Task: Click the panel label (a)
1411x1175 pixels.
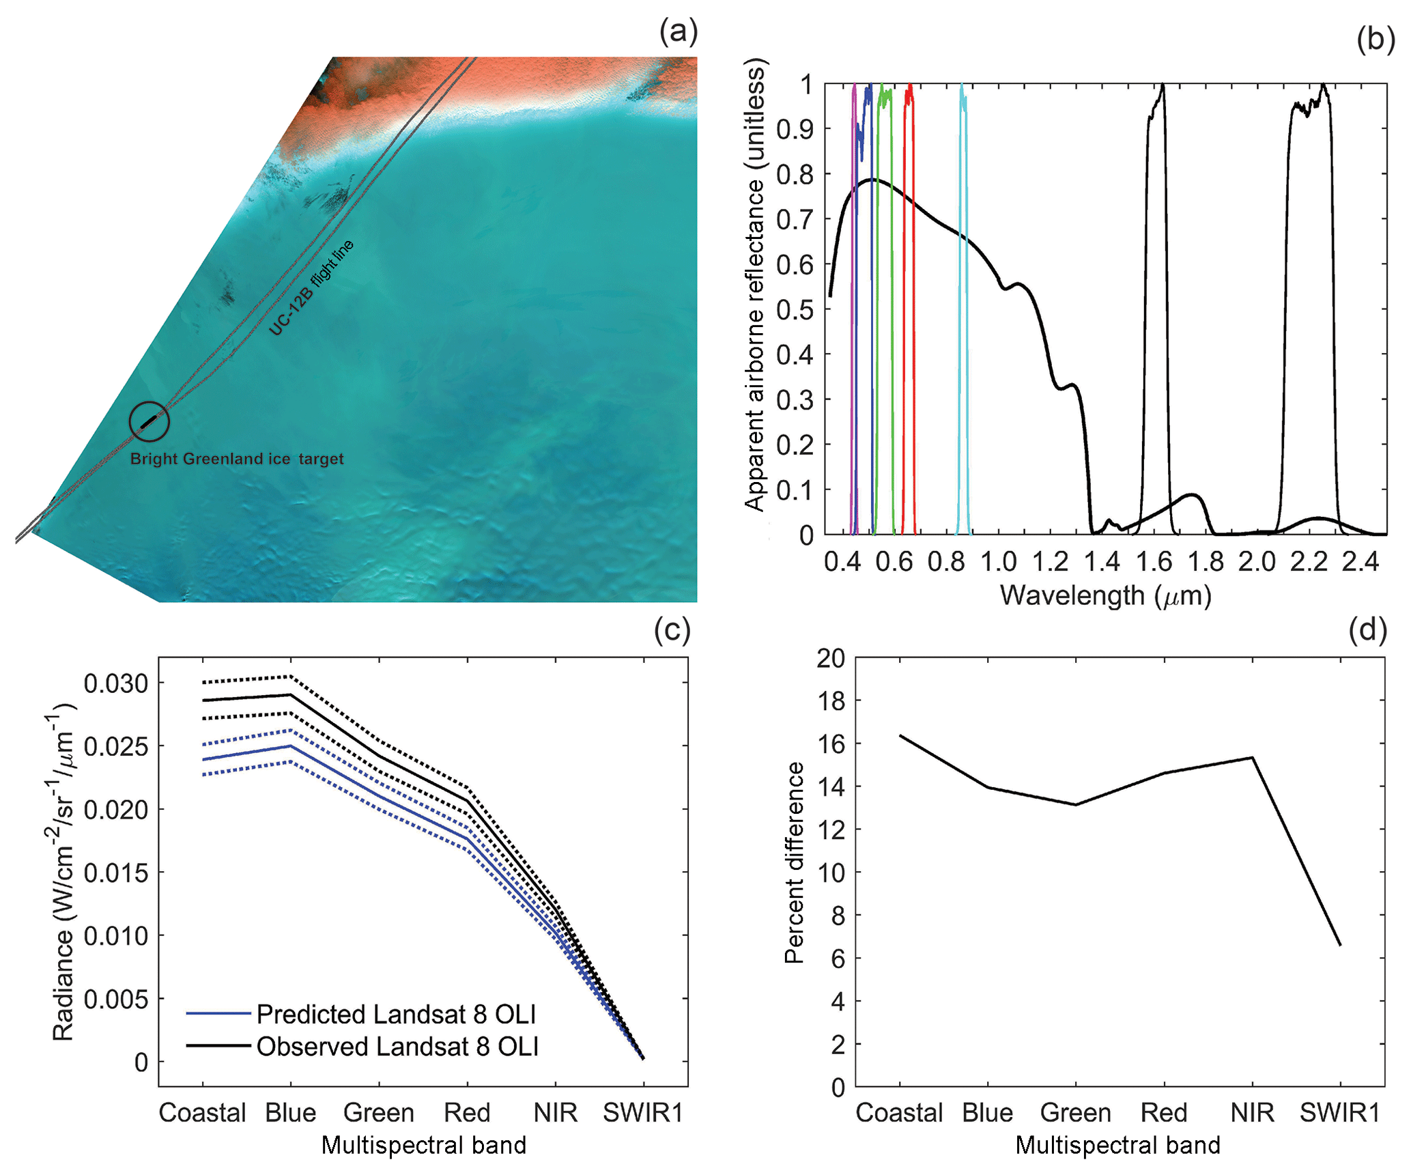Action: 678,32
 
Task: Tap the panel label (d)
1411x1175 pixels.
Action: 1367,629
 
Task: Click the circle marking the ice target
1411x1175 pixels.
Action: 149,421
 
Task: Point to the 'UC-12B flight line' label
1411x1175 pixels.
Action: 311,288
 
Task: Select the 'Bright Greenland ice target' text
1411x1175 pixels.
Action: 237,459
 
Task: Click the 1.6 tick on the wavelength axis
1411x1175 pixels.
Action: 1154,562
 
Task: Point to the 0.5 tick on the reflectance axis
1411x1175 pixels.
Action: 795,309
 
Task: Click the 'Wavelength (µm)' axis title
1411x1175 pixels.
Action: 1105,595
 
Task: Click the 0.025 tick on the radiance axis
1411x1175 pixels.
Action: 115,746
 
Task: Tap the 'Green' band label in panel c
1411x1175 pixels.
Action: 379,1113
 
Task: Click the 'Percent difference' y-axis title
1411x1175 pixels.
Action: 795,862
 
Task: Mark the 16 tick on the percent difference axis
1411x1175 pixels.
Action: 831,743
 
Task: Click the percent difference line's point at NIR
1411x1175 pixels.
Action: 1252,757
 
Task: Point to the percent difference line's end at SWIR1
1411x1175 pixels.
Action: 1340,945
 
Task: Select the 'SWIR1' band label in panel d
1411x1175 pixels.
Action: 1339,1113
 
